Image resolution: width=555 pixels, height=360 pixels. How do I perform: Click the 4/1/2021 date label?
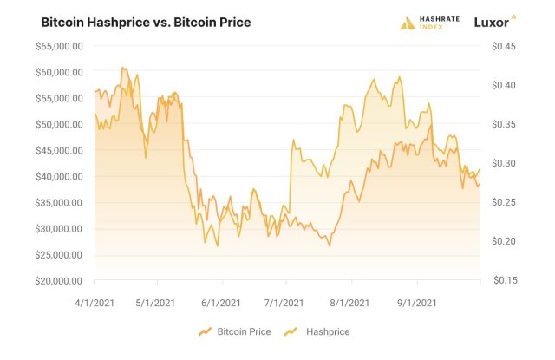[x=94, y=303]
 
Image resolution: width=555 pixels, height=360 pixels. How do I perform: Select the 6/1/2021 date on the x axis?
[x=222, y=303]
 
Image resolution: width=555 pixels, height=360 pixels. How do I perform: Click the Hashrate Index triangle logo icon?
[x=408, y=23]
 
